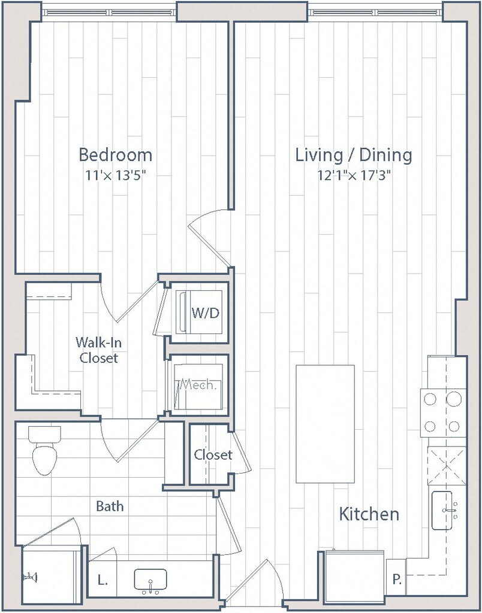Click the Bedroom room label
coord(116,155)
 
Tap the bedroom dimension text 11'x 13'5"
coord(116,175)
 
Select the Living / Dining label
coord(354,155)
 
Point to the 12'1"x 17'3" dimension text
coord(354,175)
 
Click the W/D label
coord(205,313)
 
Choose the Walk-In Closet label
coord(98,350)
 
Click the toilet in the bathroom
coord(44,450)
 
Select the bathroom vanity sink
coord(150,579)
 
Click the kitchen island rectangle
coord(326,424)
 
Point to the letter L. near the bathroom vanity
coord(102,581)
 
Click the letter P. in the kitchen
coord(397,579)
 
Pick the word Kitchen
coord(369,514)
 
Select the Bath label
coord(110,506)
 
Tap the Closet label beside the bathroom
coord(213,455)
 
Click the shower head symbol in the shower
coord(31,576)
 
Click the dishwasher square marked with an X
coord(447,466)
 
